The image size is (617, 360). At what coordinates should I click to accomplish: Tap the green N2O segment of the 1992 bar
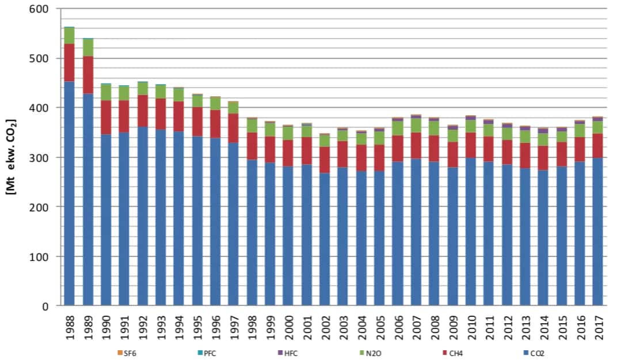pyautogui.click(x=142, y=89)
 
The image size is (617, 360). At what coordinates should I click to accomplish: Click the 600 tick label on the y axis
pyautogui.click(x=38, y=9)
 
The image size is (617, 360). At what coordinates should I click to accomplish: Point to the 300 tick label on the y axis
pyautogui.click(x=38, y=157)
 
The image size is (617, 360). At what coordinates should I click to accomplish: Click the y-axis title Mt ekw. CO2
pyautogui.click(x=11, y=157)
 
